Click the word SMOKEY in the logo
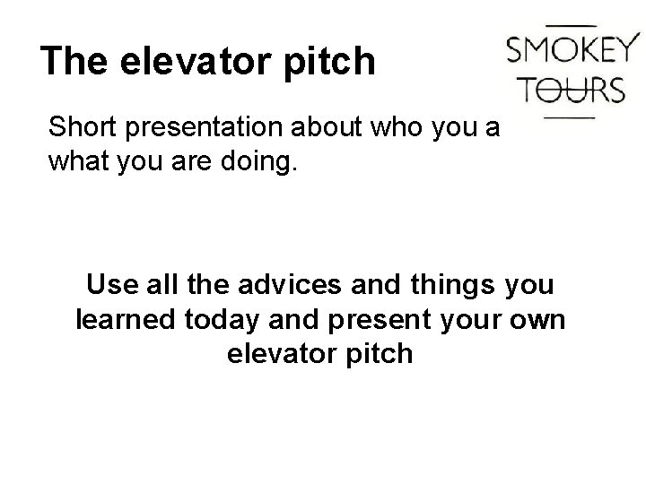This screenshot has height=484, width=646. point(572,49)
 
